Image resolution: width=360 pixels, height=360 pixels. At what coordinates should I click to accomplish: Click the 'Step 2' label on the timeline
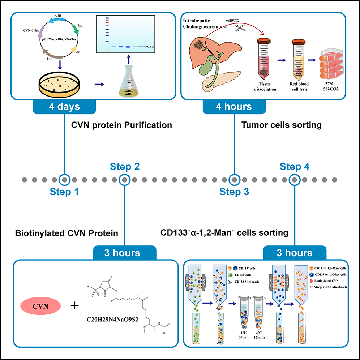coord(125,167)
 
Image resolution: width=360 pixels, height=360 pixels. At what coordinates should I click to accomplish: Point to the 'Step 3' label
coord(234,192)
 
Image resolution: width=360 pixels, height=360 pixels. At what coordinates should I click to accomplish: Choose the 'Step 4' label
coord(294,167)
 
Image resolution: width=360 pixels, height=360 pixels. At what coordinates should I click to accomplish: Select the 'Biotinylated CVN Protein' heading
coord(67,233)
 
